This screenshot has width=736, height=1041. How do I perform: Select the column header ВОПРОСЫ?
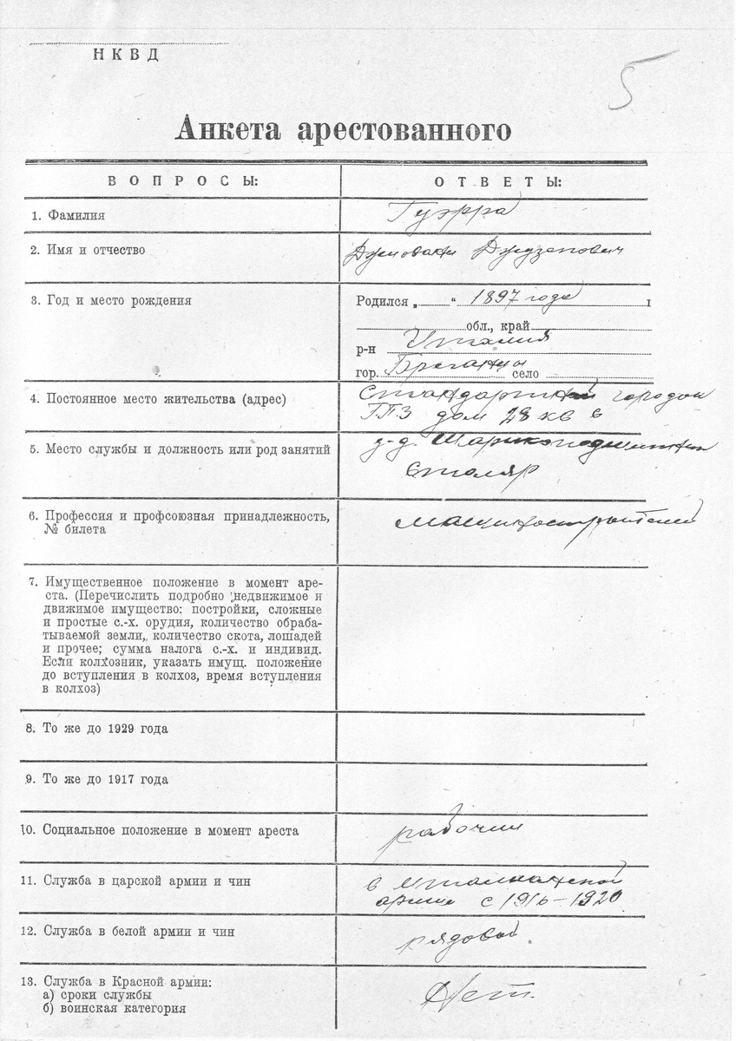point(182,181)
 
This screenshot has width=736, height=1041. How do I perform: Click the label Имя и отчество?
point(88,251)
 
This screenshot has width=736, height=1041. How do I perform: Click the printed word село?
point(526,374)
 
